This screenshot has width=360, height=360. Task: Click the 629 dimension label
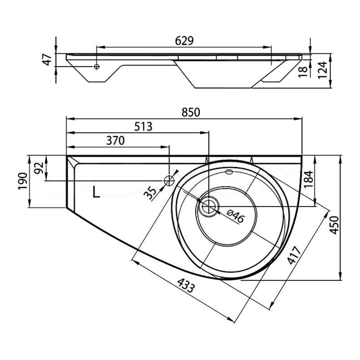pyautogui.click(x=184, y=41)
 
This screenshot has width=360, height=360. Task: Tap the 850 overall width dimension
pyautogui.click(x=191, y=112)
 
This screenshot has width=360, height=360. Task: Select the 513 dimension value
pyautogui.click(x=143, y=127)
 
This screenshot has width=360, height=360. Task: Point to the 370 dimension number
pyautogui.click(x=115, y=141)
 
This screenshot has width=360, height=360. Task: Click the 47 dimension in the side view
pyautogui.click(x=48, y=59)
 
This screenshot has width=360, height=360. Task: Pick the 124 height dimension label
pyautogui.click(x=322, y=70)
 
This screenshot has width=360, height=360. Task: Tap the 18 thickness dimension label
pyautogui.click(x=303, y=72)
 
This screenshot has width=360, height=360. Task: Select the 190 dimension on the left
pyautogui.click(x=23, y=181)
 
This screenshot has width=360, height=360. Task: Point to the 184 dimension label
pyautogui.click(x=309, y=179)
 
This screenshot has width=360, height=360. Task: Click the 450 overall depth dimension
pyautogui.click(x=334, y=225)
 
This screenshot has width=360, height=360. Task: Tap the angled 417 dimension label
pyautogui.click(x=295, y=255)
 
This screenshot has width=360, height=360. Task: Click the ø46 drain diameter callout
pyautogui.click(x=236, y=216)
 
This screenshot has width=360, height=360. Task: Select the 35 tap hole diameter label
pyautogui.click(x=150, y=193)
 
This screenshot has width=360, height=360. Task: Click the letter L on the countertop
pyautogui.click(x=96, y=192)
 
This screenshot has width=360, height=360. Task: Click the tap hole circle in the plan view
pyautogui.click(x=169, y=181)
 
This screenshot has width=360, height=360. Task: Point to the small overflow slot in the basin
pyautogui.click(x=229, y=172)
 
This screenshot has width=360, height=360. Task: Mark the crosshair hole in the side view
pyautogui.click(x=97, y=66)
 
